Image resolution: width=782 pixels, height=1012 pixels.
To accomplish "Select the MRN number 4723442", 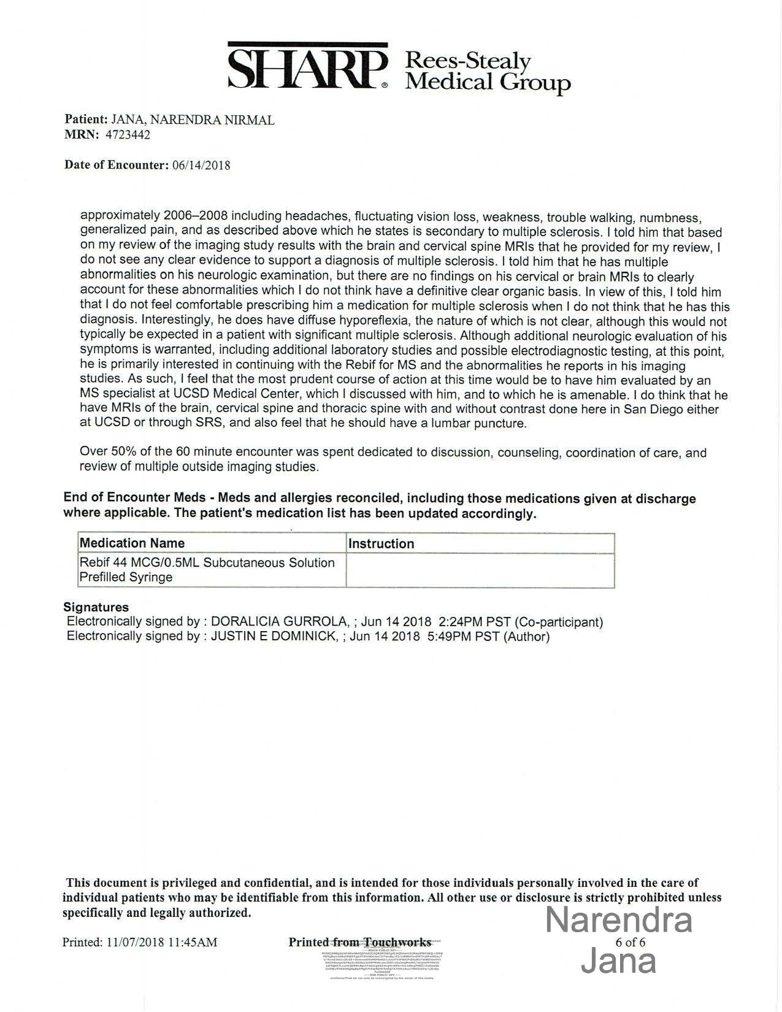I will tap(128, 135).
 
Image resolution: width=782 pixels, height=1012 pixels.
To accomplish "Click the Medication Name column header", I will tap(132, 543).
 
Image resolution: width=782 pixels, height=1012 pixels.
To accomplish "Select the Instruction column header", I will tap(381, 544).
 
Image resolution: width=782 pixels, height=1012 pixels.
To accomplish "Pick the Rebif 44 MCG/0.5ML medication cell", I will tap(207, 570).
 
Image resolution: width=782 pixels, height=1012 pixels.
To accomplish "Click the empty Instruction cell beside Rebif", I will tap(480, 570).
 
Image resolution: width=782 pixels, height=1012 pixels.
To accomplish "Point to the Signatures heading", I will tap(96, 607).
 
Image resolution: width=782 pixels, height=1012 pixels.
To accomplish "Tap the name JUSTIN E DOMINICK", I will tap(274, 637).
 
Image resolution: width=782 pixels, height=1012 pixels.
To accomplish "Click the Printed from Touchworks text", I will tap(359, 942).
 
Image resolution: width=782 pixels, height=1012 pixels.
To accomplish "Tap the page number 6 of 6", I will tap(630, 942).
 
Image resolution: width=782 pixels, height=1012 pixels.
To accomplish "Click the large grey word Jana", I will tap(618, 961).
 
